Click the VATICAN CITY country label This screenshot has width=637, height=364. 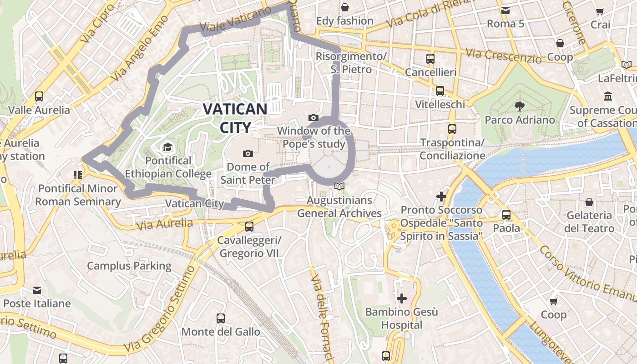[235, 118]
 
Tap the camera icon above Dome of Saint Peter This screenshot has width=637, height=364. [248, 153]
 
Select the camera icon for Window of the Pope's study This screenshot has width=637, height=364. [313, 118]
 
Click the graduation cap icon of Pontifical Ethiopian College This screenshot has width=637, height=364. [168, 147]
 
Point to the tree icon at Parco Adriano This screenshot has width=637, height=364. [519, 106]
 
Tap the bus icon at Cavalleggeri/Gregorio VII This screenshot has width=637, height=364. [249, 226]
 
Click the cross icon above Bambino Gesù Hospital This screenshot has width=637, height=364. [401, 298]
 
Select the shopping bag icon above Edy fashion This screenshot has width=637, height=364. [345, 7]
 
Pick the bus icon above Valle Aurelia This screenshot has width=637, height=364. [39, 96]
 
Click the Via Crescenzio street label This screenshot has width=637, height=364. [504, 56]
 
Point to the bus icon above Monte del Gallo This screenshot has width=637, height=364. [221, 318]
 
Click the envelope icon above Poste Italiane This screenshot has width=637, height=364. [37, 290]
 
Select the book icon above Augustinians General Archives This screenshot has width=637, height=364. [339, 186]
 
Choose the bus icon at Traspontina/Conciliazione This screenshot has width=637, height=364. [452, 129]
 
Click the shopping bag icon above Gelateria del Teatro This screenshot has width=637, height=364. [589, 202]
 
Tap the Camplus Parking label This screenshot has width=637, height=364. [129, 266]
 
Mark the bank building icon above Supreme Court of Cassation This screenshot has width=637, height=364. [607, 96]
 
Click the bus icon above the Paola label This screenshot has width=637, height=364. [506, 214]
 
